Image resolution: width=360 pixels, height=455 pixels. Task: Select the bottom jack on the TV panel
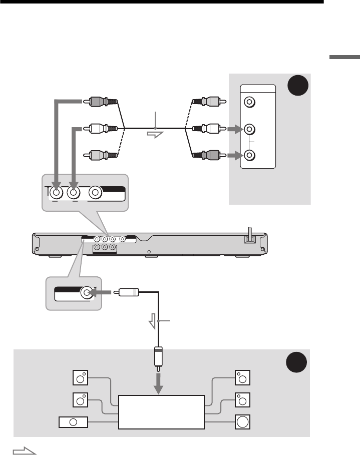248,157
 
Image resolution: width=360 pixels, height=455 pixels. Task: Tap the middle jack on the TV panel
248,130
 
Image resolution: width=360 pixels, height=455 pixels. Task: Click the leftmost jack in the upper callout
56,191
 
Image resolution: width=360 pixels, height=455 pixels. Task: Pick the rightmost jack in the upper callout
96,192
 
